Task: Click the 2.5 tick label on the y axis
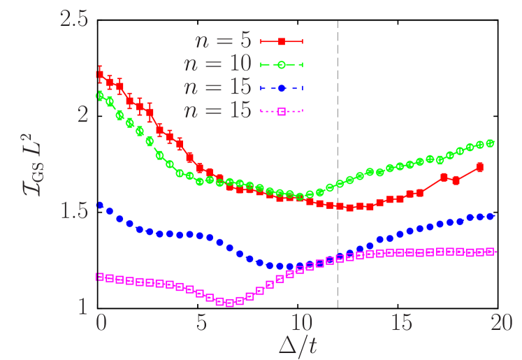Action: point(74,19)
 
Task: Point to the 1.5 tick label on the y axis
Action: point(74,210)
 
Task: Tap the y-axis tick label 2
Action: point(83,115)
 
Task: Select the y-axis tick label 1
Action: point(83,306)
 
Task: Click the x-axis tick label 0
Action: point(101,323)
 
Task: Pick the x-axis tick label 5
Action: point(201,323)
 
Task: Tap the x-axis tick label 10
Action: point(301,323)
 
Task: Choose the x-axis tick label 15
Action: point(402,323)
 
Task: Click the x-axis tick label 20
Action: point(502,323)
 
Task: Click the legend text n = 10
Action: point(217,64)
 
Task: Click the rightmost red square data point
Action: point(480,167)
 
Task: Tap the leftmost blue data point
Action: point(100,206)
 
